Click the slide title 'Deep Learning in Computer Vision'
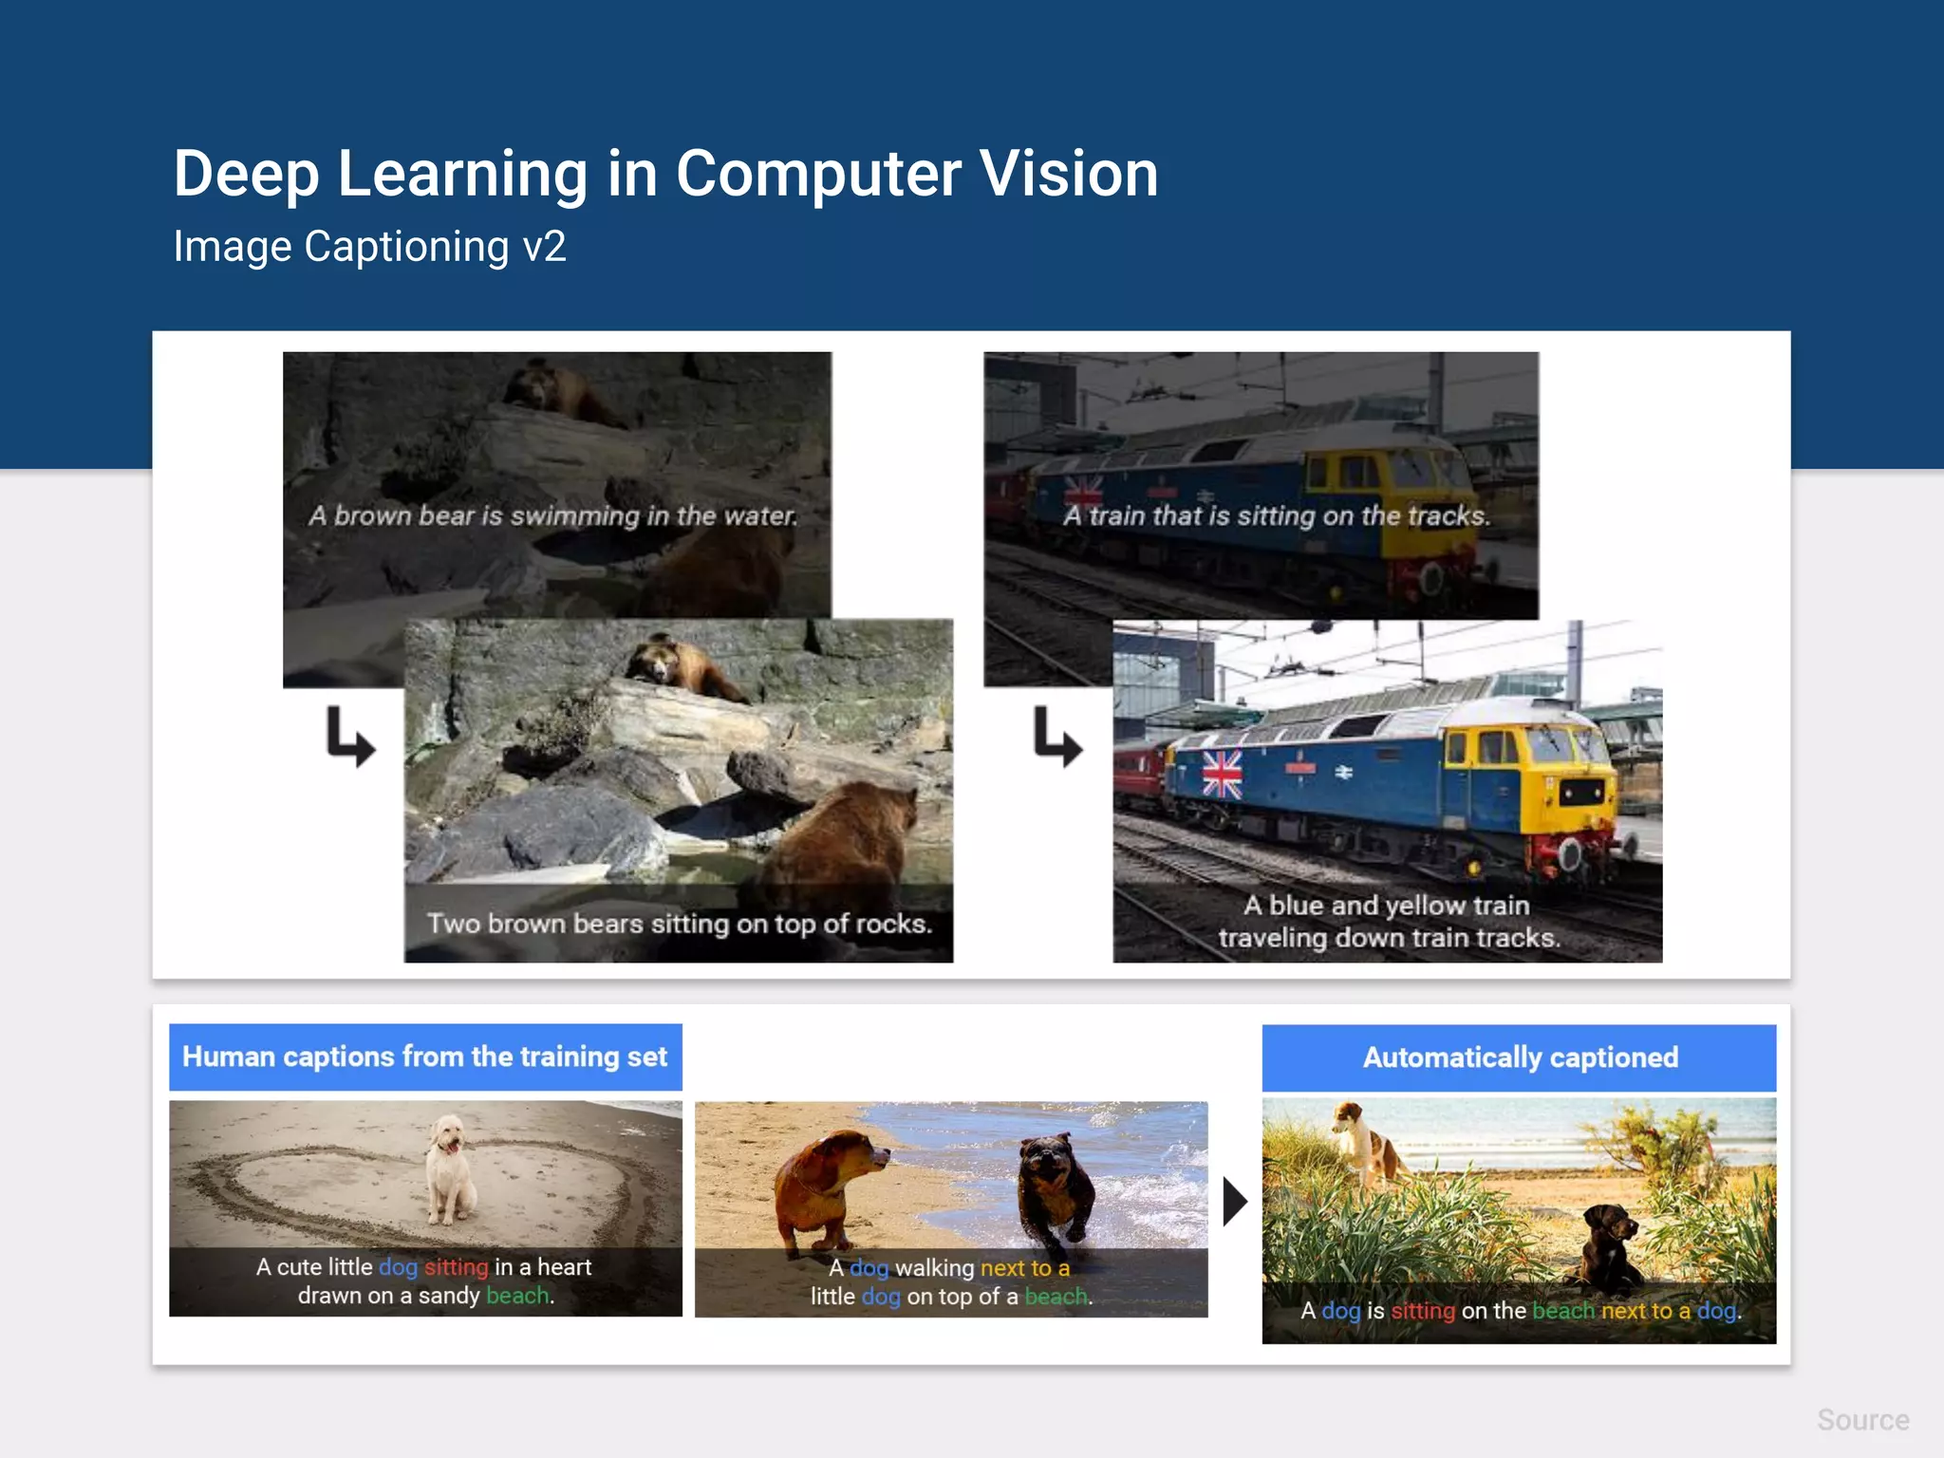coord(665,174)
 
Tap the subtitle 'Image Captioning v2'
coord(369,247)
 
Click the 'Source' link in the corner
coord(1862,1420)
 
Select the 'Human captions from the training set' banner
coord(425,1056)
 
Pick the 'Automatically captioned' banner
coord(1519,1057)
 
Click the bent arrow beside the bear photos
coord(350,737)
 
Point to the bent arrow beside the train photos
coord(1057,737)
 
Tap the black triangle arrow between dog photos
coord(1234,1202)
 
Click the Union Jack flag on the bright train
coord(1222,774)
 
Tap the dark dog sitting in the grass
coord(1609,1243)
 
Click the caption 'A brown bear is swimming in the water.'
coord(552,516)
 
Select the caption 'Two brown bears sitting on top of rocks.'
coord(679,924)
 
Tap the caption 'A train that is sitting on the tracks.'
coord(1276,516)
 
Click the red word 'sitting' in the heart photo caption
coord(456,1267)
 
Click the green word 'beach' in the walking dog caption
coord(1056,1297)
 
